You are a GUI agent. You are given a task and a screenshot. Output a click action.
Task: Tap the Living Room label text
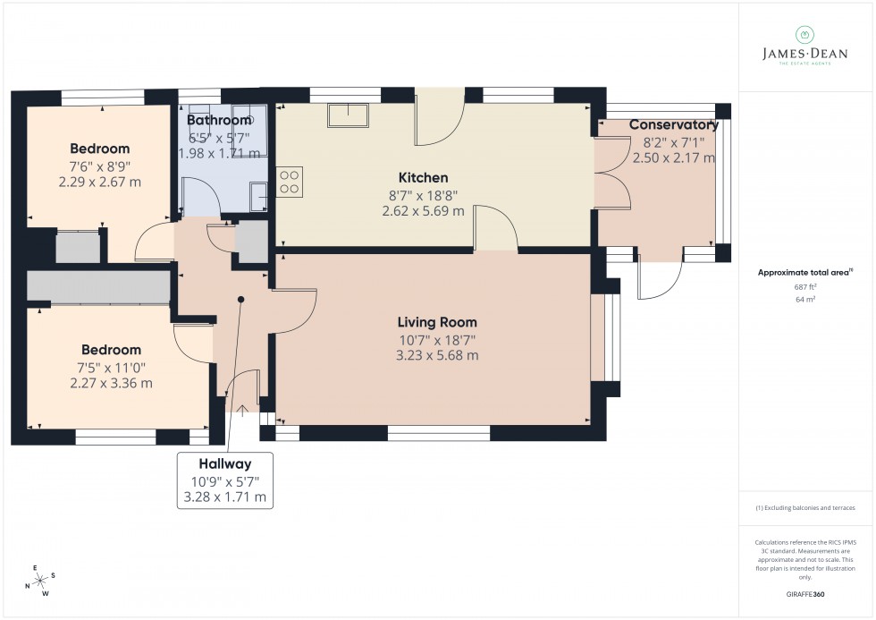[x=437, y=322]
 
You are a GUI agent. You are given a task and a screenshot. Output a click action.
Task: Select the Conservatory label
[x=673, y=125]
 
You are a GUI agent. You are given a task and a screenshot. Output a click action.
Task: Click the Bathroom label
[x=219, y=121]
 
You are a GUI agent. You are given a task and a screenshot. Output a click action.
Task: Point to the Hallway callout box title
[x=225, y=463]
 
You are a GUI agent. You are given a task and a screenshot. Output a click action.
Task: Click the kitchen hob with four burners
[x=290, y=182]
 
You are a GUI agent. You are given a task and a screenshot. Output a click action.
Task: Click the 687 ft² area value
[x=805, y=287]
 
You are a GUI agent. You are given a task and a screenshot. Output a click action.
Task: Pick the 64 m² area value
[x=805, y=300]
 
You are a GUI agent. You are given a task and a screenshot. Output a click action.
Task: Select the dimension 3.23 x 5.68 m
[x=437, y=355]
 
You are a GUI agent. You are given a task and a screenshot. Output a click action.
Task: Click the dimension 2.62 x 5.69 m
[x=423, y=211]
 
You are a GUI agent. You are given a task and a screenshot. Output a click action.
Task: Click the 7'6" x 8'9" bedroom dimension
[x=99, y=166]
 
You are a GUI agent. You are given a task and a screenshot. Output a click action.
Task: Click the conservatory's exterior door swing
[x=656, y=282]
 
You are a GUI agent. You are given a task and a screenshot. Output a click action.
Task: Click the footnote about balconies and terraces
[x=805, y=507]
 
